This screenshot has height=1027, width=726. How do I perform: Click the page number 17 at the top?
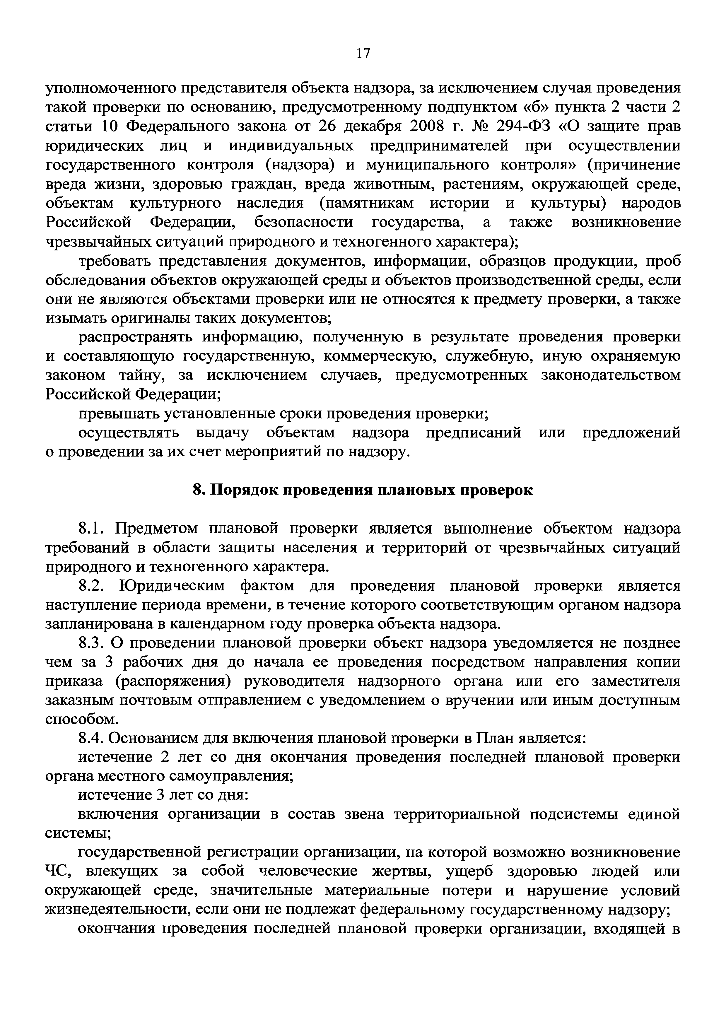363,54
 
